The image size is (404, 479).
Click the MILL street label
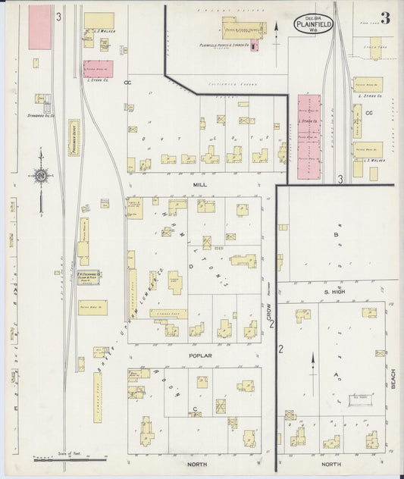(200, 184)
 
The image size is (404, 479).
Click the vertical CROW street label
(268, 313)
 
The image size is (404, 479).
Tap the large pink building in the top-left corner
(39, 28)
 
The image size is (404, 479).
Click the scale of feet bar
(69, 459)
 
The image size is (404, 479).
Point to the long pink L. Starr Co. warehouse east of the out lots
(308, 136)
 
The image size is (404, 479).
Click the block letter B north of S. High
(336, 235)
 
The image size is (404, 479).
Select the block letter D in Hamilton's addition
(192, 266)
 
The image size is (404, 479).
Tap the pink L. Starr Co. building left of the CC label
(98, 69)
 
